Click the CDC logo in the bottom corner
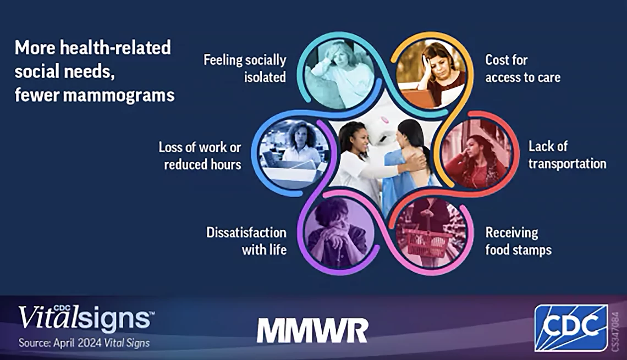click(x=570, y=328)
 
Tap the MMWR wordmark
click(x=312, y=330)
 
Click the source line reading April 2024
click(x=84, y=343)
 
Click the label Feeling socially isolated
click(x=245, y=68)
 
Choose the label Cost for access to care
click(x=522, y=68)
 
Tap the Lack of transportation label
click(x=567, y=154)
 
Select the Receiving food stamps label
click(x=518, y=241)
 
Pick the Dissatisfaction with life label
click(x=246, y=241)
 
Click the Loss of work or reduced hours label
click(x=200, y=156)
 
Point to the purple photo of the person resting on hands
click(x=340, y=233)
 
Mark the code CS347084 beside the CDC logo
click(x=616, y=331)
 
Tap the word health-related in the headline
click(x=115, y=48)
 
